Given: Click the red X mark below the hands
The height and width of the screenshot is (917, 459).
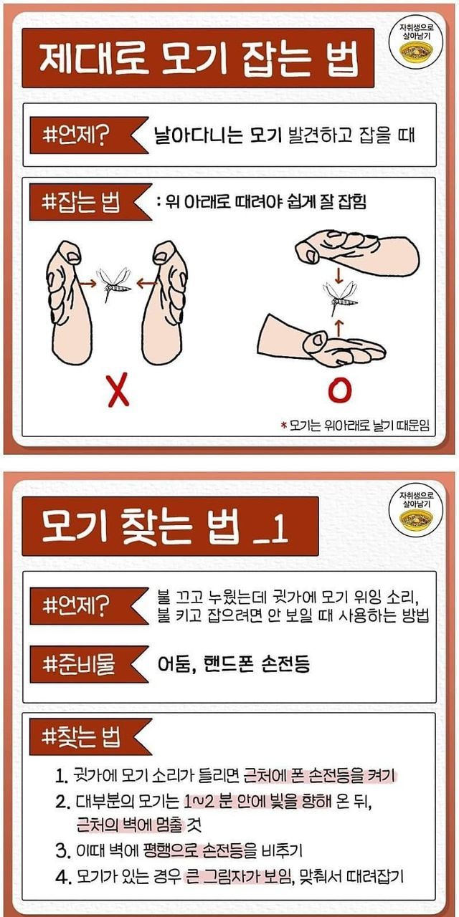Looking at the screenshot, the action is (118, 390).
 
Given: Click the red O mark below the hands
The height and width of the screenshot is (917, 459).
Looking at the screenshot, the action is (340, 390).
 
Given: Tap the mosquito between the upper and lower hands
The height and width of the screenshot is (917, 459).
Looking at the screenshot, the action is (340, 297).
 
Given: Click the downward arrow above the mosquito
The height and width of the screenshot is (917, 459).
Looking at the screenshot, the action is (339, 275).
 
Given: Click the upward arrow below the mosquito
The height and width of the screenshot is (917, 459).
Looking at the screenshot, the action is (339, 327).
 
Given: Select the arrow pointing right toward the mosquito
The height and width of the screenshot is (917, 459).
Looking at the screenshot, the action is (88, 283).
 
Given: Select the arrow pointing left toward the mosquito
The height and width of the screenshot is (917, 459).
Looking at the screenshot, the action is (146, 283).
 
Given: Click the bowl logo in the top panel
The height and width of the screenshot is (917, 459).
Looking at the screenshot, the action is (416, 53).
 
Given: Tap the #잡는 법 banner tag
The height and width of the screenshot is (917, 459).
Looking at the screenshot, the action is (89, 202).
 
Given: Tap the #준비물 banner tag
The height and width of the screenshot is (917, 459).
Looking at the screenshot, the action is (89, 664).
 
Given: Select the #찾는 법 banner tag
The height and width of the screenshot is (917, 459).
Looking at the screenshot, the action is (90, 736).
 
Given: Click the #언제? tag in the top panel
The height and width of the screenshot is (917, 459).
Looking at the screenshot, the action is (89, 135).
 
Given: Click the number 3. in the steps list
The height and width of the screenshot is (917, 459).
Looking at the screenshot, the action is (62, 850).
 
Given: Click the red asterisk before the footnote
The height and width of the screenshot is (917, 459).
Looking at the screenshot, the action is (283, 426).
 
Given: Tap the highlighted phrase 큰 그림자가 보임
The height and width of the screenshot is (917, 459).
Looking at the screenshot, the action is (237, 876).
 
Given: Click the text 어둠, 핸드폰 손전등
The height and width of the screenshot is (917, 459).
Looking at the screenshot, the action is (234, 664).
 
